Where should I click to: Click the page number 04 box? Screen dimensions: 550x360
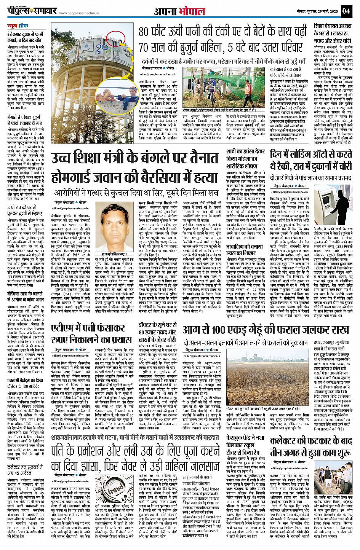[346, 11]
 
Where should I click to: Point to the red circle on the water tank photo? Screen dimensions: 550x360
[113, 38]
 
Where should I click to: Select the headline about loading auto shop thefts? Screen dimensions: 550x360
[311, 160]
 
